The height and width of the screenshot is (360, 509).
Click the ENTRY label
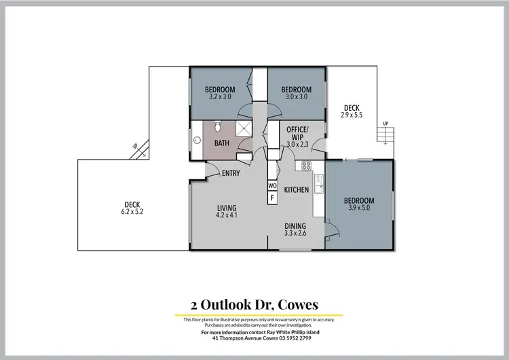click(231, 173)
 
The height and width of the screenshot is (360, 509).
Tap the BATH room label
click(222, 143)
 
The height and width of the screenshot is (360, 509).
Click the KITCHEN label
click(297, 190)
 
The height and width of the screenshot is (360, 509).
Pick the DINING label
click(295, 226)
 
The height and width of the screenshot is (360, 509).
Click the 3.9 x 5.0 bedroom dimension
click(358, 209)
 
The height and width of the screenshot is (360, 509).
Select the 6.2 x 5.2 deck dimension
click(133, 212)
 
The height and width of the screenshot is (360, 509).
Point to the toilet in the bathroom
click(217, 126)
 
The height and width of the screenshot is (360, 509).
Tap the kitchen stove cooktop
click(306, 166)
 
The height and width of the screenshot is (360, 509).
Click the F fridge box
click(272, 198)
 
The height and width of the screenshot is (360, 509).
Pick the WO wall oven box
click(272, 185)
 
